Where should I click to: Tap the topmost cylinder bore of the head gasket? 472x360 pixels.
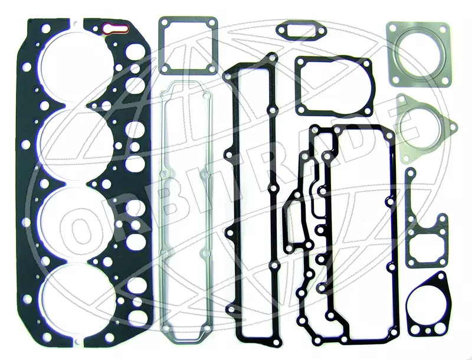click(x=77, y=63)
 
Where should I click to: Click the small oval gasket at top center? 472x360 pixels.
click(x=301, y=30)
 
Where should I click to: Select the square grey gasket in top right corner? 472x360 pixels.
click(x=419, y=54)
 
